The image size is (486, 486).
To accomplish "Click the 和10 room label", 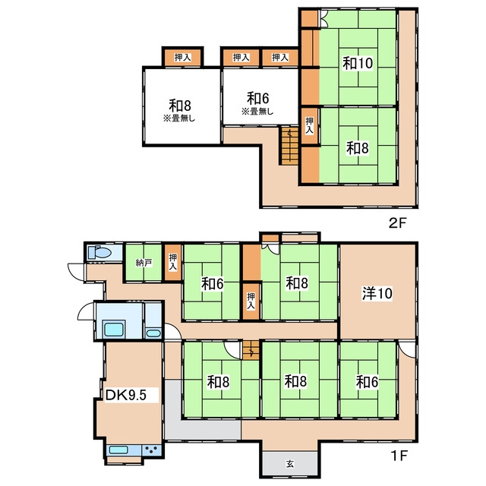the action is pos(358,63).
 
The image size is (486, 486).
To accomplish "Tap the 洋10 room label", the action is pos(377,293).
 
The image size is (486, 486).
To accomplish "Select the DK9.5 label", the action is pos(126,395).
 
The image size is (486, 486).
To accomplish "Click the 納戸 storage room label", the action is pos(144,264).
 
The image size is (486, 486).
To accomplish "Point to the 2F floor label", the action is pos(397,222).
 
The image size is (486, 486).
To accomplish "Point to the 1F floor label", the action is pos(399,456).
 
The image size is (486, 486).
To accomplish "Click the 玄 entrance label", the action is pos(290,464).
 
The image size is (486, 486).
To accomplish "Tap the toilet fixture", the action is pos(99,253).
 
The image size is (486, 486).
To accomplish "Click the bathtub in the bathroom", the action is pos(114,329).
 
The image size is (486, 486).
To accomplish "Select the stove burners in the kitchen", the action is pos(152,450).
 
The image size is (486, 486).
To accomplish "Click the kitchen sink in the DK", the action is pos(118,450).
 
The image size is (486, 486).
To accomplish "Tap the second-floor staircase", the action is pos(290,145).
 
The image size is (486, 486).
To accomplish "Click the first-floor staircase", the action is pos(251,350).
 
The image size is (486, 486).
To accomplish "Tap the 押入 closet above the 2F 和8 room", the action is pos(182,58).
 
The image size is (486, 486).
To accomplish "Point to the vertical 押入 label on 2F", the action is pos(310,125).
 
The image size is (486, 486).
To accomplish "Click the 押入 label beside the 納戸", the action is pos(173,262).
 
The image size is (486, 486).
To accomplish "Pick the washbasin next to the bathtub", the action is pos(153,333).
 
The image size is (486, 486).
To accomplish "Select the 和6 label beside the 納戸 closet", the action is pos(213,283).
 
